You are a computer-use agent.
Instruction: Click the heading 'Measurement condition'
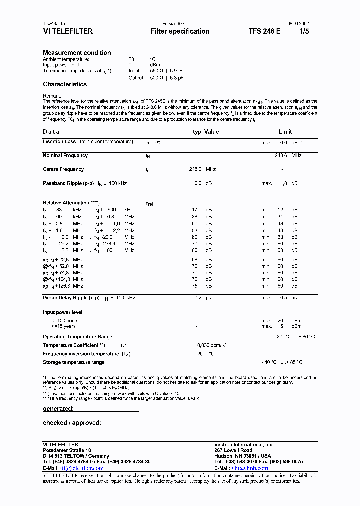click(77, 53)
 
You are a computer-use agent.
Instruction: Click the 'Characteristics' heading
click(65, 84)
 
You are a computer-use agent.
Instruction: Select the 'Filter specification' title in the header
click(180, 31)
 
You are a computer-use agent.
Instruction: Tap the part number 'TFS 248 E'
click(264, 31)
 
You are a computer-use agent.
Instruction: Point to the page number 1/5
click(304, 31)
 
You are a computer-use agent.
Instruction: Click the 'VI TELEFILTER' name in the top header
click(68, 31)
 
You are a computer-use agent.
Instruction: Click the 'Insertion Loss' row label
click(59, 142)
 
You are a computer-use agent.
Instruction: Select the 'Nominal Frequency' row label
click(65, 156)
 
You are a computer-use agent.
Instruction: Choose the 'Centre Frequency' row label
click(63, 169)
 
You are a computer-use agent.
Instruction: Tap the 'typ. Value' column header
click(206, 132)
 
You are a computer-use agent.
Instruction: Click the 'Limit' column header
click(285, 132)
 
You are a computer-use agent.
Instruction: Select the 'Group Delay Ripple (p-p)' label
click(72, 298)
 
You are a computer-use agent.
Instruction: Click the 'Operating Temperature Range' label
click(77, 337)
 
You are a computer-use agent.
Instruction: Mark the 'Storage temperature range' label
click(73, 362)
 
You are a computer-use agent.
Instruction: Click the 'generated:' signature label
click(58, 409)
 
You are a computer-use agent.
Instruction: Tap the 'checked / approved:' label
click(72, 423)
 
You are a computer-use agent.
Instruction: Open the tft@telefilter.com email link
click(82, 468)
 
